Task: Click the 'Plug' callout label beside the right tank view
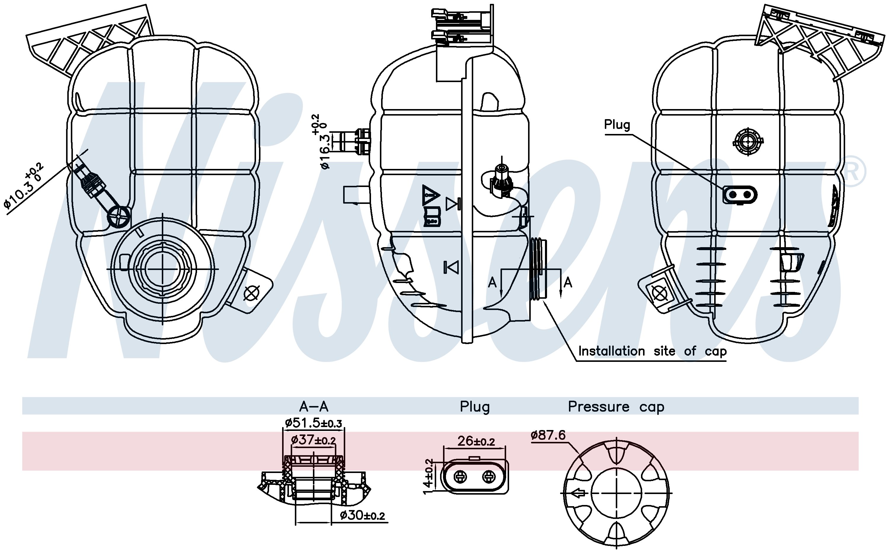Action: pos(617,125)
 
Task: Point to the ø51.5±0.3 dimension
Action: pos(314,423)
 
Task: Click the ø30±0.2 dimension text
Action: pos(362,515)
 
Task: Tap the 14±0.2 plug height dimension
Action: pos(428,476)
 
